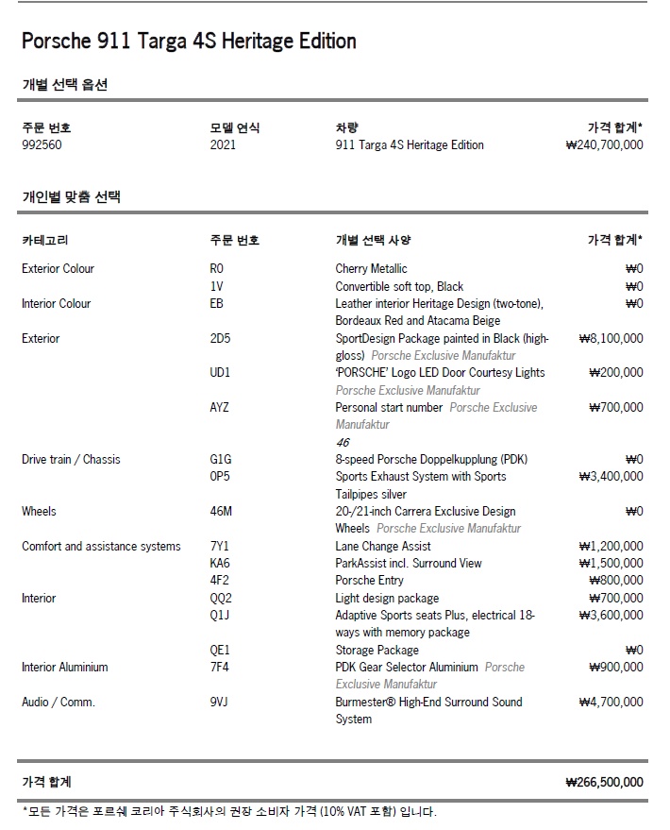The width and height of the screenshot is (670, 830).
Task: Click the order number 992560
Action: coord(42,145)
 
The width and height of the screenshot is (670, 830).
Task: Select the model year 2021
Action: coord(223,145)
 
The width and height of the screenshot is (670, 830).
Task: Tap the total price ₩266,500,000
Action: coord(604,782)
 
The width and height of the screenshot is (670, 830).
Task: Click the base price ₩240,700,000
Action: coord(604,145)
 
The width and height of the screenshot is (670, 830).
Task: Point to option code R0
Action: coord(217,269)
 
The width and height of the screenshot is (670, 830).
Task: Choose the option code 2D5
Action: coord(220,338)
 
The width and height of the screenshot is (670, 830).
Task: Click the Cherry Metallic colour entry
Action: coord(371,269)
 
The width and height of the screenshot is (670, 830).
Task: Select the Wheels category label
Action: coord(39,512)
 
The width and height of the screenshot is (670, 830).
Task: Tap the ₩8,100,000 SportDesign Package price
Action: coord(611,338)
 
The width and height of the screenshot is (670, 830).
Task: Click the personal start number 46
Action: coord(343,442)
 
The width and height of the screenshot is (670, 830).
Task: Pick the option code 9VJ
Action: coord(220,702)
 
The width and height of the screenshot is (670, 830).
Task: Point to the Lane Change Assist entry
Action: coord(383,546)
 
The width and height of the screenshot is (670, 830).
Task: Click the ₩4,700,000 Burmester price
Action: coord(611,702)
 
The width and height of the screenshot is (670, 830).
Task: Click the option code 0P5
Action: coord(220,477)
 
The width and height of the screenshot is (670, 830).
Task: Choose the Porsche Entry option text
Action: coord(369,581)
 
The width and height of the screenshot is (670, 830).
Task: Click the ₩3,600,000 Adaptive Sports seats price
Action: coord(611,616)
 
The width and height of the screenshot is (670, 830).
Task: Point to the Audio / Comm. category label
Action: coord(59,702)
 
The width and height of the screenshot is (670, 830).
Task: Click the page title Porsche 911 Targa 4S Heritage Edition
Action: coord(189,42)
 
